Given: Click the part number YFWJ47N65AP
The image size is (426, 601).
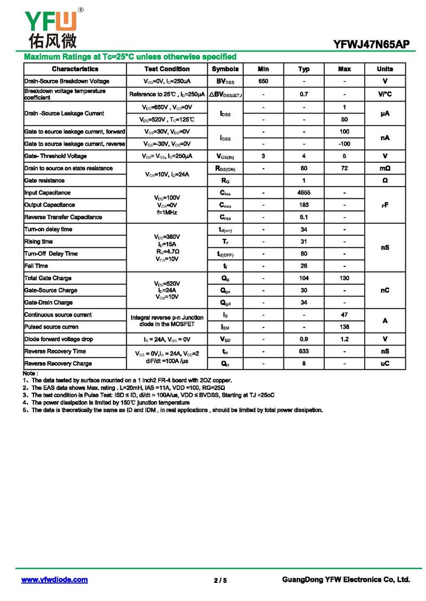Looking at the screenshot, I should point(372,45).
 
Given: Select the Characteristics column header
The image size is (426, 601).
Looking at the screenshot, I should point(75,69).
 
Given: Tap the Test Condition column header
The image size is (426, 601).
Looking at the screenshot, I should point(167,69).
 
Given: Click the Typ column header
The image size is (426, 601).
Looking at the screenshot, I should point(304,69).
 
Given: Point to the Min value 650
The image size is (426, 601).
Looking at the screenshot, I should point(263,81).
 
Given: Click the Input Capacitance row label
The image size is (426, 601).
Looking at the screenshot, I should point(47,193).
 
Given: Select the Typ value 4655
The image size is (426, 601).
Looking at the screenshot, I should point(304,193).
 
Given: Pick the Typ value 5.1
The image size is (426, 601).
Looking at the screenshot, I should point(304,217).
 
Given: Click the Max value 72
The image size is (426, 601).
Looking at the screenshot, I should point(345,168).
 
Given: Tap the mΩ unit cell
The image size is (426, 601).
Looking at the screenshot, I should point(385,168).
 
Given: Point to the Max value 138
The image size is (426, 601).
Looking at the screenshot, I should point(345,327).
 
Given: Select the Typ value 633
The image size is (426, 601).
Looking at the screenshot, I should point(304,351).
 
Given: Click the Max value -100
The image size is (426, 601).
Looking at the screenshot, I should point(345,144).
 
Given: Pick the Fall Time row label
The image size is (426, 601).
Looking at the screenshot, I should point(36,265).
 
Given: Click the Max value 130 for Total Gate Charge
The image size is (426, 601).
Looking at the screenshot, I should point(345,278).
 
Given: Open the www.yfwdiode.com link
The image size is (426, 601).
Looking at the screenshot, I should point(54,580).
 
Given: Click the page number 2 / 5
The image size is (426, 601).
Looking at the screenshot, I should point(220,580).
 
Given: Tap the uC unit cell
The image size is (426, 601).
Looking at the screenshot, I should point(385,363).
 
